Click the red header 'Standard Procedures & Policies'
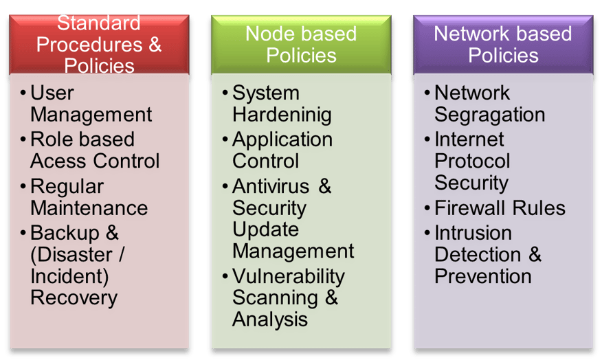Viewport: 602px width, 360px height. click(99, 44)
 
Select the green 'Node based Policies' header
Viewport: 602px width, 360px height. click(301, 44)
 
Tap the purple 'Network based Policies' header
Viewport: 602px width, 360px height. click(503, 44)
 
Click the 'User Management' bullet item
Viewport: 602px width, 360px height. click(90, 104)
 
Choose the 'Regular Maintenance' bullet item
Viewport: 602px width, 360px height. click(89, 197)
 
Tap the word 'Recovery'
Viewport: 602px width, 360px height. click(74, 298)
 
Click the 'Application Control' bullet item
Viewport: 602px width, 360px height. click(282, 150)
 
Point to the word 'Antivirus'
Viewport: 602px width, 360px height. click(271, 186)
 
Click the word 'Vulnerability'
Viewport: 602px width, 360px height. click(288, 276)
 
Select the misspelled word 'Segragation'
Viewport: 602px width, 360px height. click(490, 115)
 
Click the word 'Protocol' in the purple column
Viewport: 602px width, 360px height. click(472, 161)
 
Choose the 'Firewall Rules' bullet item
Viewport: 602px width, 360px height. click(500, 208)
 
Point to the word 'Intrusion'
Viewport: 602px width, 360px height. click(473, 233)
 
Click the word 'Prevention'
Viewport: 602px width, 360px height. click(483, 276)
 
